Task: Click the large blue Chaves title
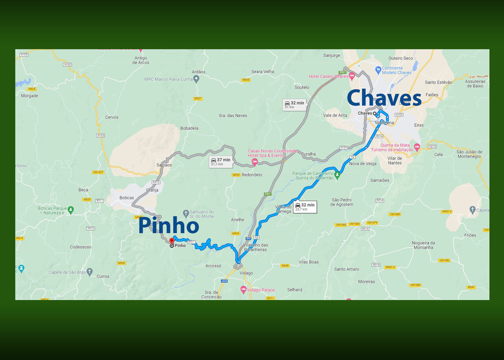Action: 384,98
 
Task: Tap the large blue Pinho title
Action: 169,226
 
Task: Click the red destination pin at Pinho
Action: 172,241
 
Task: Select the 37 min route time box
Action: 220,162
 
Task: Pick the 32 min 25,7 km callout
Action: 305,207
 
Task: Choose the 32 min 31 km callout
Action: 295,105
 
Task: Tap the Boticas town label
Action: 127,198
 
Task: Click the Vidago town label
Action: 246,273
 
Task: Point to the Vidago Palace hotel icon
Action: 243,290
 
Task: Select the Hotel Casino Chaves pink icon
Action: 352,76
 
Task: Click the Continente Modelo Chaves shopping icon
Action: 378,70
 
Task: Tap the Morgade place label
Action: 30,96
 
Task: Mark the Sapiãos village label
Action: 164,165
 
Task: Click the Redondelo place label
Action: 252,175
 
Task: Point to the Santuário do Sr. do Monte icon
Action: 186,213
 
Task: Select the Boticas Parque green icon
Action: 71,210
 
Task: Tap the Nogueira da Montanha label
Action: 423,245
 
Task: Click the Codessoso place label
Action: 81,247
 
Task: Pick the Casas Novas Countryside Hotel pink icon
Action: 254,161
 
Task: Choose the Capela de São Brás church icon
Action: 90,272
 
